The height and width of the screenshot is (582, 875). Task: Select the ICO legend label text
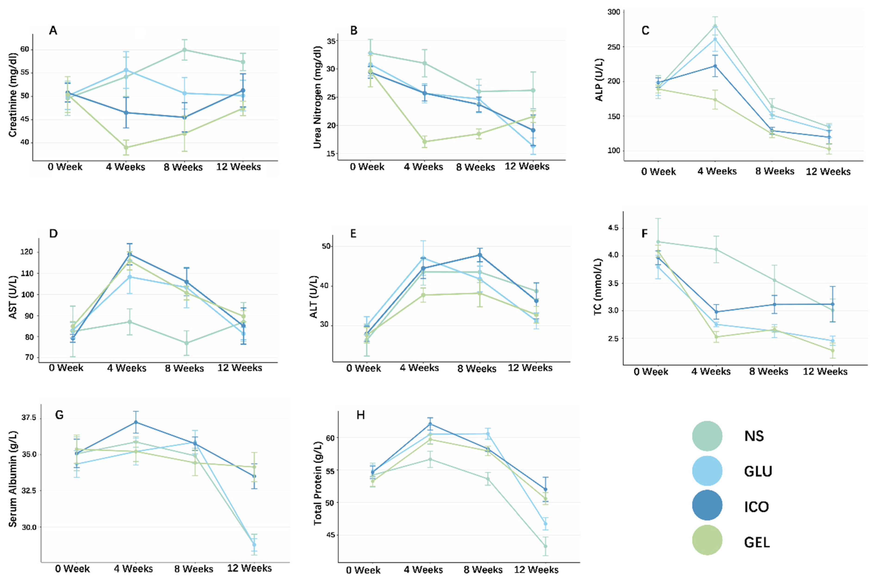point(756,507)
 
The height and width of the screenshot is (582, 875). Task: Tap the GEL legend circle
point(707,540)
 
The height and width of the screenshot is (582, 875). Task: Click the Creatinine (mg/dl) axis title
point(13,95)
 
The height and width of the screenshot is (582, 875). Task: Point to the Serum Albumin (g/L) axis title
point(13,479)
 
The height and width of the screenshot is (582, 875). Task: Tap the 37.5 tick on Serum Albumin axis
point(29,418)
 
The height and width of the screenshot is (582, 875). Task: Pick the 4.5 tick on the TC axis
point(613,228)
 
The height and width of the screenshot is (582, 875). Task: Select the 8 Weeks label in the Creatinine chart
point(183,167)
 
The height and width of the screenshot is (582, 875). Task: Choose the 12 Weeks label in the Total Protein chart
point(536,569)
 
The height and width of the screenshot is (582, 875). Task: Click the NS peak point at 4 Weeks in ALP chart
point(715,26)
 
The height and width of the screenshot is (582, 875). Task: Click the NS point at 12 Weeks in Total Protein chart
point(545,546)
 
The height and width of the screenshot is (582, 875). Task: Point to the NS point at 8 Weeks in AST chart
point(186,343)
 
